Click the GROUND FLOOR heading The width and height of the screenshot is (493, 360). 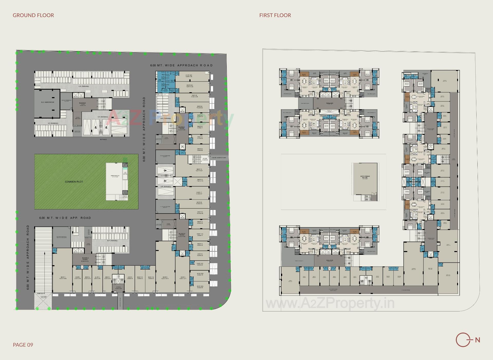33,15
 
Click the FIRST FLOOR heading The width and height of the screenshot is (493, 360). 275,15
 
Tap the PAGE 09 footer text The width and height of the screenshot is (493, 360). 23,345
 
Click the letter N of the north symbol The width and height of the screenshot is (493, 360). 478,340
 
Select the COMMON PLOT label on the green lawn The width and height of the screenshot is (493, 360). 74,182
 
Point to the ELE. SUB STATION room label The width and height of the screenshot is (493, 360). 48,102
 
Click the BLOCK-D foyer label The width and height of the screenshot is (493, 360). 83,103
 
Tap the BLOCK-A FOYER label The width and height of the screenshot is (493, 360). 85,259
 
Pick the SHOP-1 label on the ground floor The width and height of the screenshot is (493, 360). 63,278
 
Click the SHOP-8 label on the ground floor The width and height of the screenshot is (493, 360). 165,278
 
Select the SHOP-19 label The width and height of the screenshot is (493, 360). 199,170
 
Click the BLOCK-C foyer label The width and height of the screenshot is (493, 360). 182,128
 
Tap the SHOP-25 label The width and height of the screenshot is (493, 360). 194,96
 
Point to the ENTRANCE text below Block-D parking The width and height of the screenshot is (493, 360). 103,139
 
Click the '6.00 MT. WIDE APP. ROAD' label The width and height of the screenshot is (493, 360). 65,218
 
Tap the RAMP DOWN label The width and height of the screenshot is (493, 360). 41,293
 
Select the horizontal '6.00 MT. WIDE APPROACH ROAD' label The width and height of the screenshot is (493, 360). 181,65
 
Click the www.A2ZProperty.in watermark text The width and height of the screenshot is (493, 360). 330,303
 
